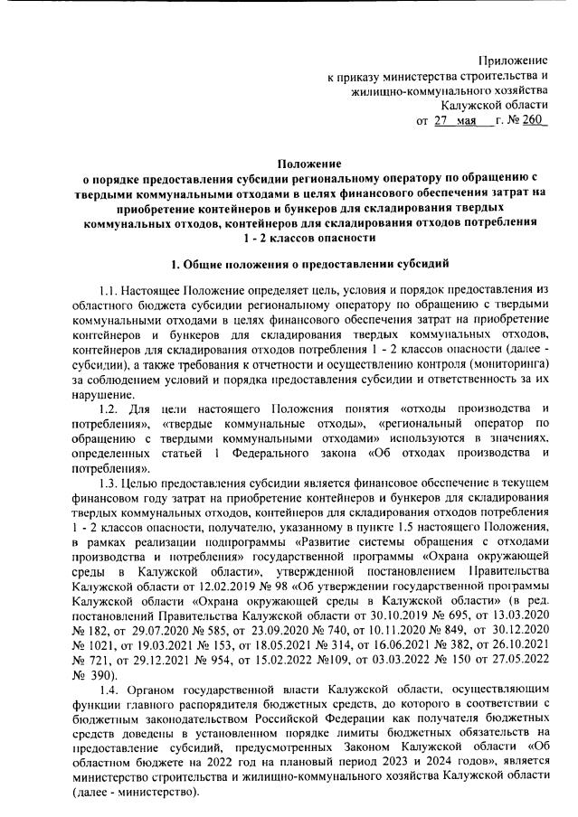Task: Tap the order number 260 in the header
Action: point(535,121)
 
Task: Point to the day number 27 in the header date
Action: point(441,121)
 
